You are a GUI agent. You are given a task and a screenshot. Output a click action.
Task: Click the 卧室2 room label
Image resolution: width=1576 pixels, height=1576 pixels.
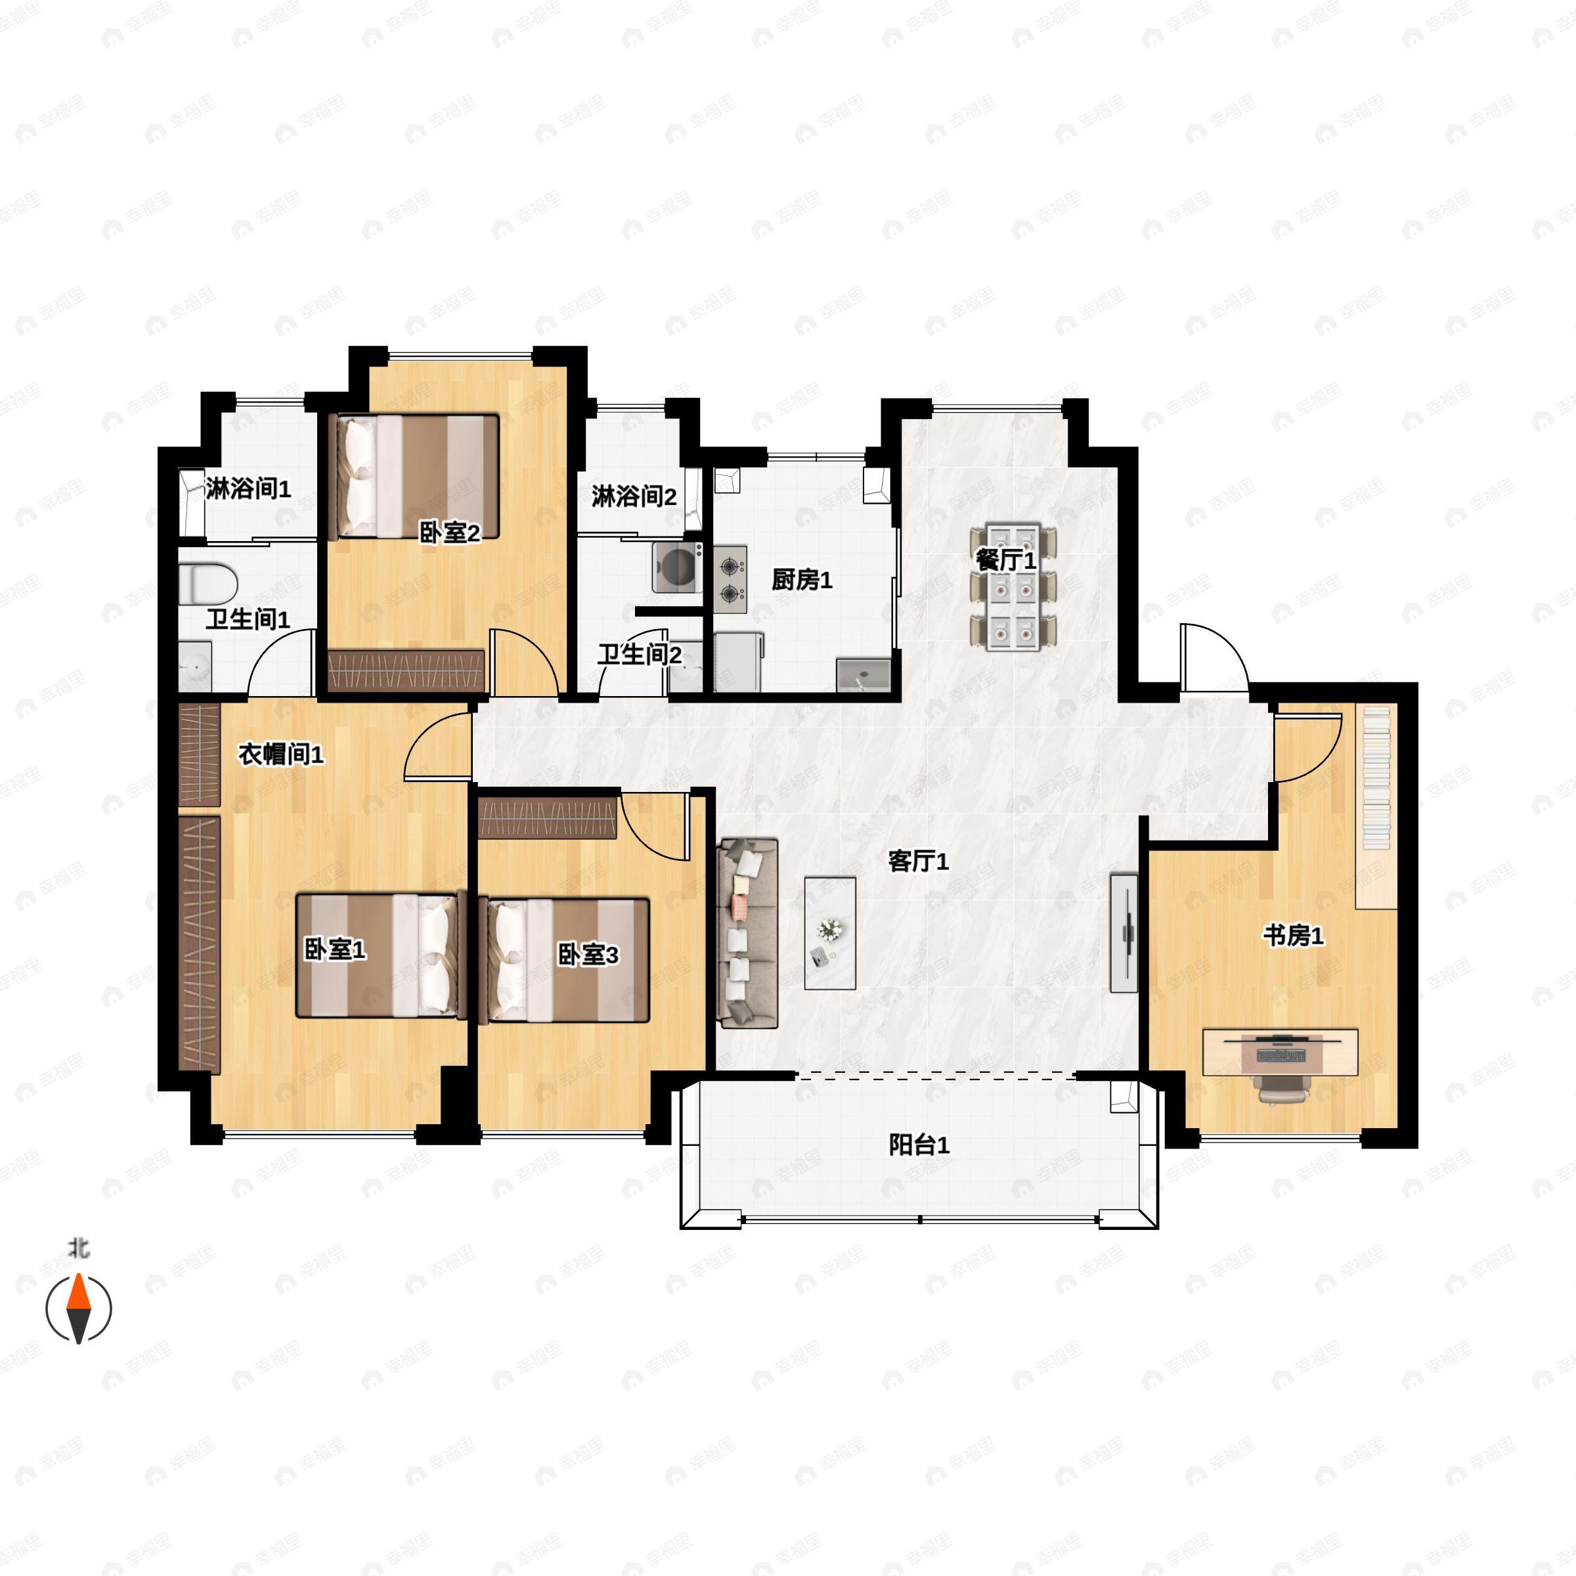click(449, 533)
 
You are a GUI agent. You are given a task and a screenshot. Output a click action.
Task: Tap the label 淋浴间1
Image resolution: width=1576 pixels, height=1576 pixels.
click(248, 489)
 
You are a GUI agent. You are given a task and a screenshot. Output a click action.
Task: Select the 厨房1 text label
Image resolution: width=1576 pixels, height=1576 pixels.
click(802, 580)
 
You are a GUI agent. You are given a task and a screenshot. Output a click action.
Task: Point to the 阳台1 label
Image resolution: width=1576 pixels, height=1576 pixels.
click(919, 1145)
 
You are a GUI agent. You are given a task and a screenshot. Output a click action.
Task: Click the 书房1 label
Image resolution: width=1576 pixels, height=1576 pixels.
click(1293, 936)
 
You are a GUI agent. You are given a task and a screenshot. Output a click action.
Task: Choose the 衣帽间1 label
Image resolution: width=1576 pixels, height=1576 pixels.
click(280, 755)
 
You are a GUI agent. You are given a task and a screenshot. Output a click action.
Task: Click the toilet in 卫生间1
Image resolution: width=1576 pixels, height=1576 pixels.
click(209, 584)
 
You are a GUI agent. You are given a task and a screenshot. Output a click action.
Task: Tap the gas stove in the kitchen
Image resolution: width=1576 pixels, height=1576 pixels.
click(731, 579)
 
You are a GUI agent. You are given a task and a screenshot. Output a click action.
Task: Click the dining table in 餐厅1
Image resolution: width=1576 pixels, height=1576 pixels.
click(1013, 587)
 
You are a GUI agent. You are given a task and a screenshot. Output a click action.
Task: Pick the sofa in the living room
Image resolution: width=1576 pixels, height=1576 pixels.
click(747, 932)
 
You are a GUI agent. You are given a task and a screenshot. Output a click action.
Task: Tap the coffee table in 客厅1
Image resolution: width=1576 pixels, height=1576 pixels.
click(829, 932)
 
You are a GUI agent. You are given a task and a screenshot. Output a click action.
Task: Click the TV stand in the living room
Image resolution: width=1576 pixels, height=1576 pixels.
click(1124, 932)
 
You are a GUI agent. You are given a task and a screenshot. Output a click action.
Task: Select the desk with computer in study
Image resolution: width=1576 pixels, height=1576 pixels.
click(1280, 1052)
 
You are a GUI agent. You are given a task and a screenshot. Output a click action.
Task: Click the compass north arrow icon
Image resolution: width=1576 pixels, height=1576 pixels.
click(78, 1309)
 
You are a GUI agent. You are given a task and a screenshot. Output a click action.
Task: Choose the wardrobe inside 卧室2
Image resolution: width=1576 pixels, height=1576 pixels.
click(406, 671)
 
